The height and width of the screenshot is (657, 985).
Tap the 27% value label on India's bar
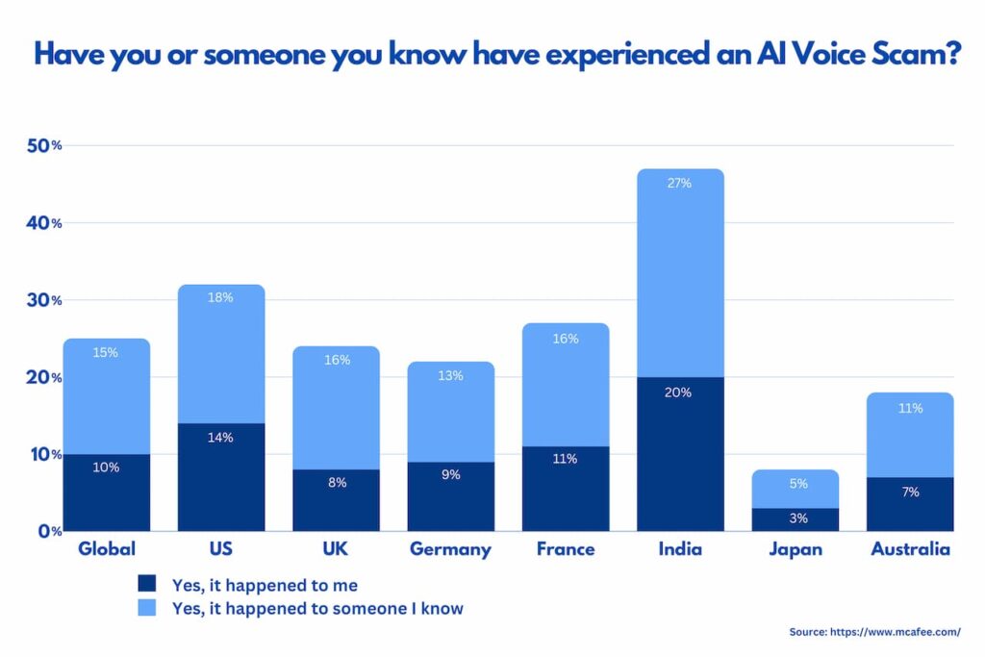680,183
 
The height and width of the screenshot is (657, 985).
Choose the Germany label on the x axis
450,550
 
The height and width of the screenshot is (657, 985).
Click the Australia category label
910,549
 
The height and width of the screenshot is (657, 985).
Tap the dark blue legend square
146,583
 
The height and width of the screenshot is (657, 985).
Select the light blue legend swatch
146,608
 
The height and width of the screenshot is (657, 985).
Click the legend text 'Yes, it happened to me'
265,584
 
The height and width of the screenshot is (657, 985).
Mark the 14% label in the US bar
221,438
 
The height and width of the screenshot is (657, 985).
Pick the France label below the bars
566,549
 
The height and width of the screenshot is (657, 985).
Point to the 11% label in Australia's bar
910,408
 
